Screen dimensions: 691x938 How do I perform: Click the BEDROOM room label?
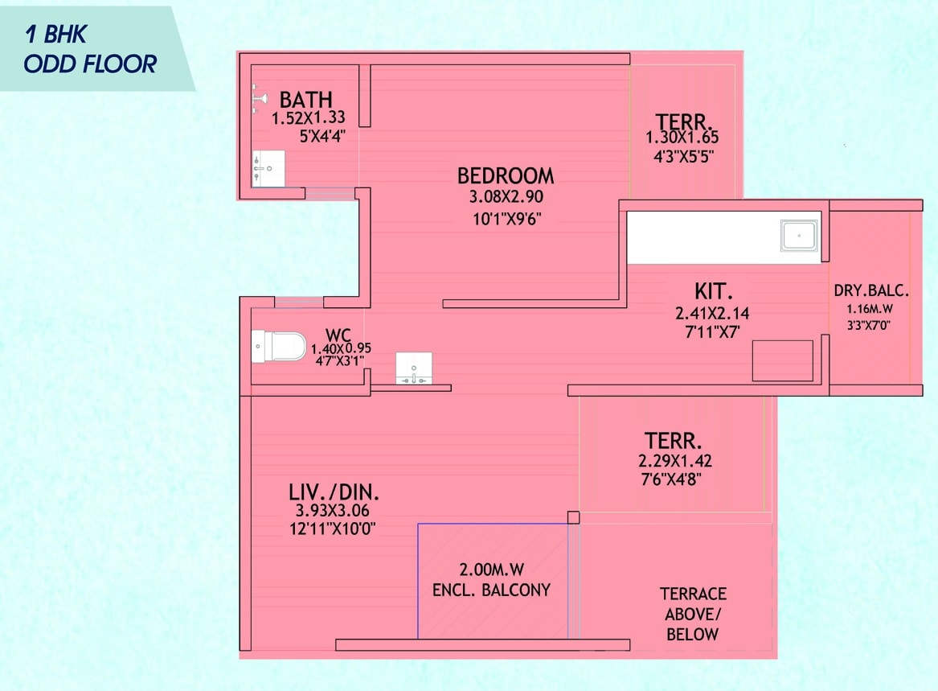pos(506,175)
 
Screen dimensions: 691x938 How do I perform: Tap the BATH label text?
pos(305,100)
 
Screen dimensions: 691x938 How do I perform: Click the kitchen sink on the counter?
pos(801,236)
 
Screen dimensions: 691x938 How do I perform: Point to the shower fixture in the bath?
pos(259,100)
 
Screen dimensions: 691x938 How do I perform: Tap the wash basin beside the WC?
pos(414,368)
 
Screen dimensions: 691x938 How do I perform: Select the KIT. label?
pos(714,291)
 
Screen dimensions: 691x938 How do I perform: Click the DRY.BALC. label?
pos(871,291)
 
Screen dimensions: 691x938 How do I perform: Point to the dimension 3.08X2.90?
pos(506,197)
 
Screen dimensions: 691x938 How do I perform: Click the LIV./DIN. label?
pos(334,492)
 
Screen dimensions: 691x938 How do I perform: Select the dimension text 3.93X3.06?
pos(334,510)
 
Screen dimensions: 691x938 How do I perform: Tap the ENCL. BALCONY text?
pos(491,590)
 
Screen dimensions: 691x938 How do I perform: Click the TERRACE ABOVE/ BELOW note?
pos(693,614)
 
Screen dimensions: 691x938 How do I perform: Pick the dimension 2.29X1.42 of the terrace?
pos(674,462)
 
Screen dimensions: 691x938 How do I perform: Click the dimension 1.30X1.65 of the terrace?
pos(682,138)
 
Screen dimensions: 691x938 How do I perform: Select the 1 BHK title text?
pos(55,35)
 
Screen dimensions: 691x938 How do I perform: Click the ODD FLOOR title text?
pos(90,64)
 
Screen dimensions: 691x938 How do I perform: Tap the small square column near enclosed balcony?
pos(573,517)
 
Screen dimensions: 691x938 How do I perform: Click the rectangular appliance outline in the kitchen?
pos(782,360)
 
